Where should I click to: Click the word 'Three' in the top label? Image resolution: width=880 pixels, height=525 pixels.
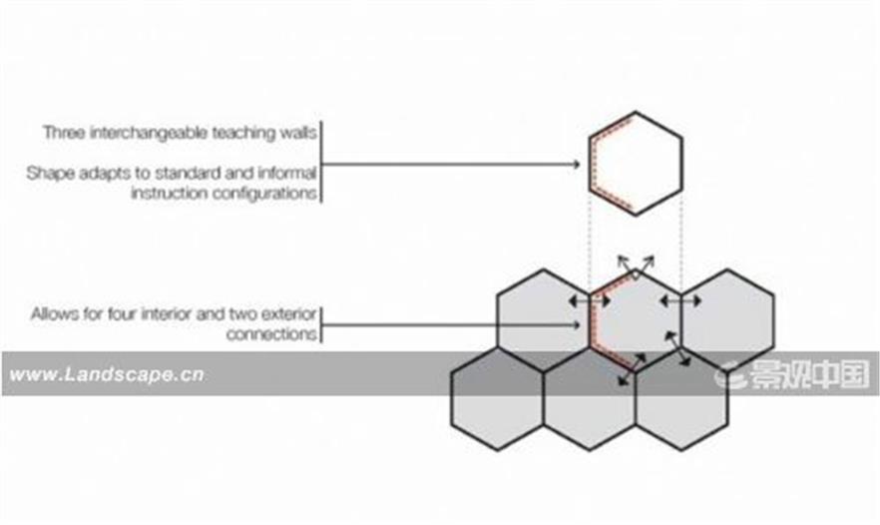coord(65,133)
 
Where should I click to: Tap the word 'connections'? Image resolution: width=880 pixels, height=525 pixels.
coord(271,334)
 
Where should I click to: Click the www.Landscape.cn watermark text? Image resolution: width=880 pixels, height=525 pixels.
coord(107,374)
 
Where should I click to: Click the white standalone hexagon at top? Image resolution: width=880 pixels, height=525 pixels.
coord(636,164)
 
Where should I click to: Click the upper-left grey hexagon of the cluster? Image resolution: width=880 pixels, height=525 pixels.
coord(543,320)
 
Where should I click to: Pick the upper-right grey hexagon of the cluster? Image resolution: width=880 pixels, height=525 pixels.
coord(728,320)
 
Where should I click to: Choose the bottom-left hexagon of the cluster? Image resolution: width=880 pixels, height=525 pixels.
coord(497,398)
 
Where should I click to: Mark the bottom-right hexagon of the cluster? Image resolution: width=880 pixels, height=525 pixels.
coord(681,398)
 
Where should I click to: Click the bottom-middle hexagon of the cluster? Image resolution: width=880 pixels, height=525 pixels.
coord(590,398)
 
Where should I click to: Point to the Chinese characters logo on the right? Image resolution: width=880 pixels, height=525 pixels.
coord(792,374)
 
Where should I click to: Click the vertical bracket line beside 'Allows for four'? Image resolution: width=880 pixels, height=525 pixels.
coord(321,325)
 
